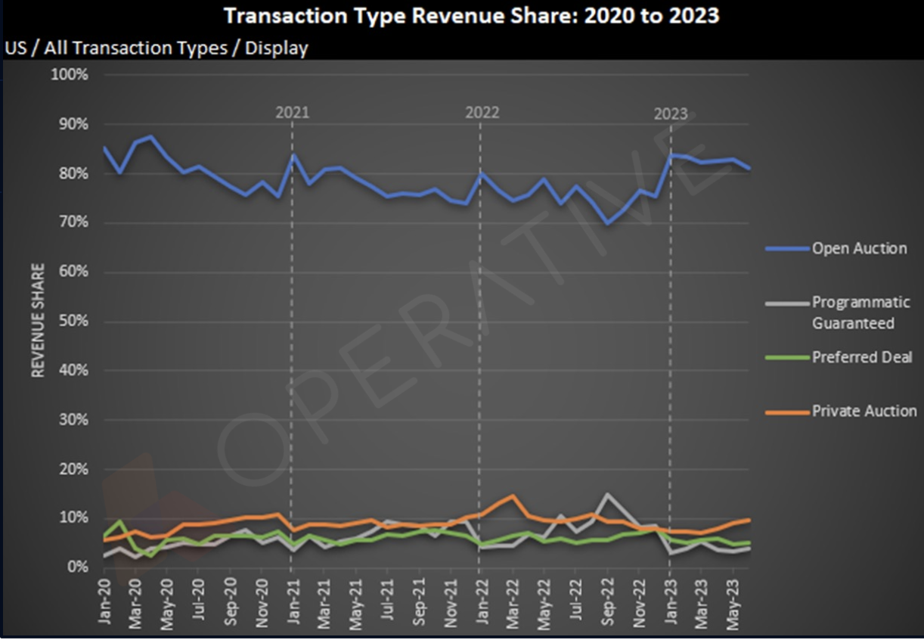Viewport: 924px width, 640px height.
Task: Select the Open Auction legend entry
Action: pyautogui.click(x=858, y=248)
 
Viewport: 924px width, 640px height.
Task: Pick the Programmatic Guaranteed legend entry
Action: pyautogui.click(x=860, y=312)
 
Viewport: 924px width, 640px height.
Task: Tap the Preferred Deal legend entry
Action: pyautogui.click(x=862, y=357)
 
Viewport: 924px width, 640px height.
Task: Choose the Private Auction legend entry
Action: pyautogui.click(x=864, y=412)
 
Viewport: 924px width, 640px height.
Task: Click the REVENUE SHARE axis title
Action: pyautogui.click(x=37, y=320)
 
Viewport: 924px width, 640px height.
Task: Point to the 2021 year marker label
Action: pyautogui.click(x=292, y=113)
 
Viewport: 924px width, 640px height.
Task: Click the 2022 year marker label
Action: pyautogui.click(x=482, y=113)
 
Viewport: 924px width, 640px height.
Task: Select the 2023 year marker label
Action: pyautogui.click(x=671, y=113)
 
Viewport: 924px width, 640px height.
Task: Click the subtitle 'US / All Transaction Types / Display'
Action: pyautogui.click(x=157, y=48)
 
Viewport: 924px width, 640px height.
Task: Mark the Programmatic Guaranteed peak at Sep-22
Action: pyautogui.click(x=606, y=495)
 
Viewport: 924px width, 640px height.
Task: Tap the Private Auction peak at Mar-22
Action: pyautogui.click(x=513, y=496)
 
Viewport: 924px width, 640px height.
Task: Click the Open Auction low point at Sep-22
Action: pyautogui.click(x=606, y=223)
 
